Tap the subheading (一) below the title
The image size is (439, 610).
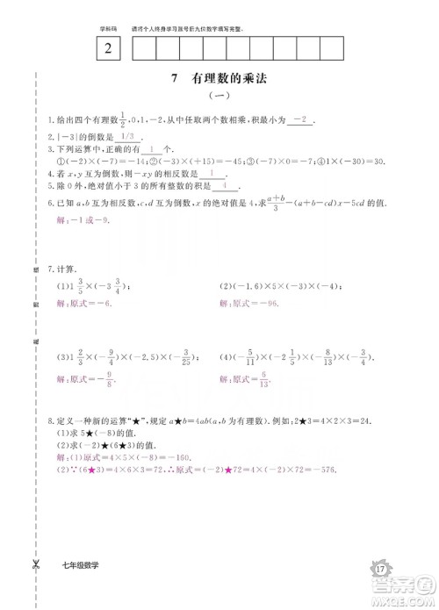point(219,97)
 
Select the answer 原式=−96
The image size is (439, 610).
point(248,304)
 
